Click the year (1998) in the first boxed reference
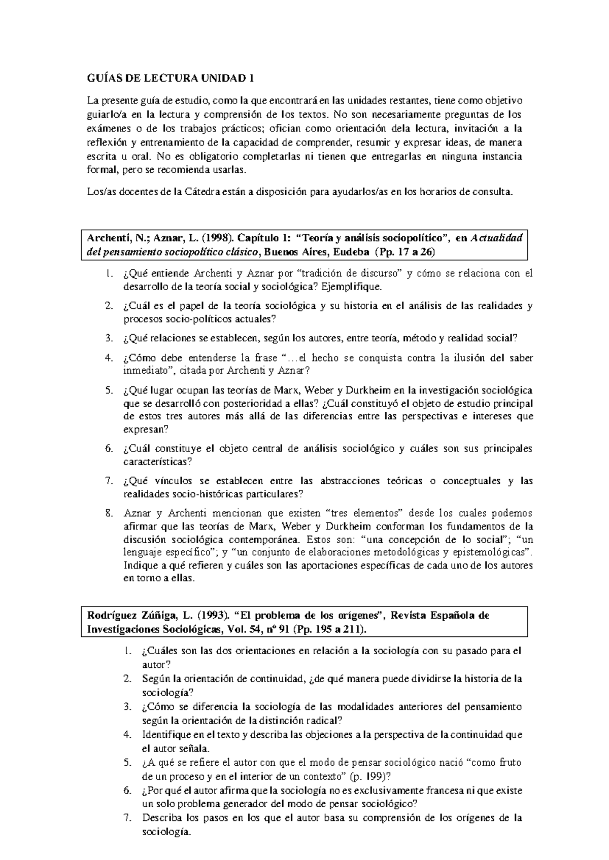[x=188, y=238]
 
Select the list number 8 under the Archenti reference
[x=108, y=513]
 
